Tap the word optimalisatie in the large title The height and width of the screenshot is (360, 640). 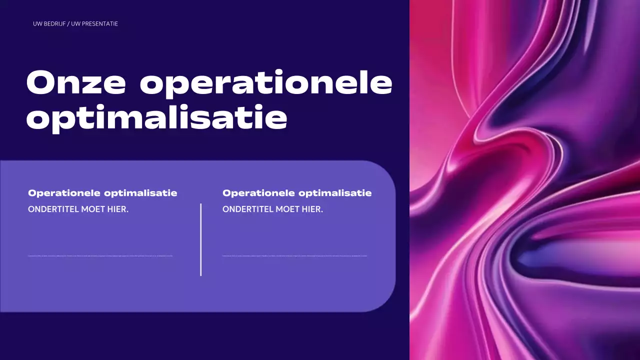[x=156, y=118]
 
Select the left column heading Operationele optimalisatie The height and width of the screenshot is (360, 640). [x=102, y=193]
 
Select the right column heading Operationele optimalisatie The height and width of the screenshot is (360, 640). [x=297, y=193]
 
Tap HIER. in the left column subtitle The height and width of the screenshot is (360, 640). [x=118, y=209]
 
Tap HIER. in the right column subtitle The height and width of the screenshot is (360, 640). [x=312, y=209]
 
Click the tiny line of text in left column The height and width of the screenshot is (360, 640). [x=100, y=256]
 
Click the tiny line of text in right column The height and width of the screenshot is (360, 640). [x=294, y=256]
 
